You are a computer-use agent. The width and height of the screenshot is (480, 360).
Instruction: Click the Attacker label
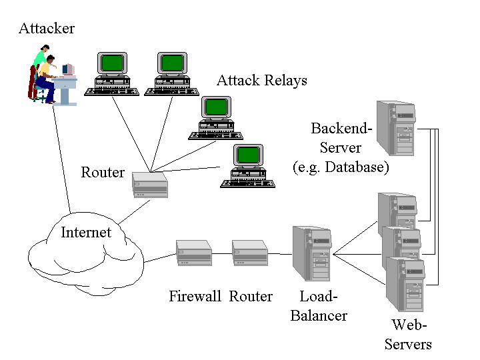pos(47,29)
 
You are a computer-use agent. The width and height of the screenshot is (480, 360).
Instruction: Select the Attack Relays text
pos(262,81)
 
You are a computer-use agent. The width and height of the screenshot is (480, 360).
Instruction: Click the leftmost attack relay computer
pos(112,73)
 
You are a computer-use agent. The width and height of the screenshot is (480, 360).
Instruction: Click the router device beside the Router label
pos(150,185)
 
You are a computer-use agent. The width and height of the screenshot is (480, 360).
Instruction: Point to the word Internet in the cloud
pos(86,233)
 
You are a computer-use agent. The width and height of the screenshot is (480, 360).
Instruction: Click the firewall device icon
pos(194,253)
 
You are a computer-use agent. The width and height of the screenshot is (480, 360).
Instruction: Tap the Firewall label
pos(195,297)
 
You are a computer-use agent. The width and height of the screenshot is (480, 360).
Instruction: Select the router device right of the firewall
pos(250,253)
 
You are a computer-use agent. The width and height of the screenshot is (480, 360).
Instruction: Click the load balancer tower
pos(312,253)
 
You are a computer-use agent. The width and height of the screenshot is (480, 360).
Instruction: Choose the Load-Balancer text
pos(319,306)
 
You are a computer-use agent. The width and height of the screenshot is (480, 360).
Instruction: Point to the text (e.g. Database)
pos(341,167)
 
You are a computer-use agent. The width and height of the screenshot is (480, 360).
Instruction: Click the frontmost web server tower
pos(405,285)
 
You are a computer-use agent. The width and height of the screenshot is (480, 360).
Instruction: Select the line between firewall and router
pos(222,254)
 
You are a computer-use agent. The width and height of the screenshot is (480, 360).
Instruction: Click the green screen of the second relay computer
pos(173,63)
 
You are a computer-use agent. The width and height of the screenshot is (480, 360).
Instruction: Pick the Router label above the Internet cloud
pos(103,173)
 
